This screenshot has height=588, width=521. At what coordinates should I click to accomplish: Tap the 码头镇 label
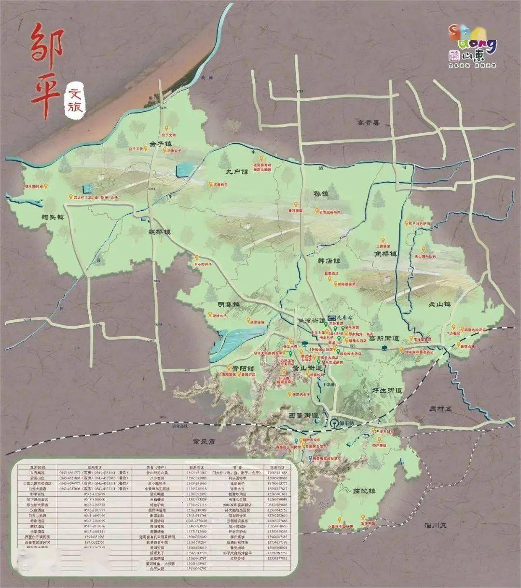point(53,217)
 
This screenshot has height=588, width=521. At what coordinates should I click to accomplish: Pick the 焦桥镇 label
point(386,253)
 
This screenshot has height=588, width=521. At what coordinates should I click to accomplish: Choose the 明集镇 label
point(229,304)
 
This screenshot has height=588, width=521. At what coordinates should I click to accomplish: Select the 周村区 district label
point(440,409)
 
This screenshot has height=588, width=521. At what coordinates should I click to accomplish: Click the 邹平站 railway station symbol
point(334,423)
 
